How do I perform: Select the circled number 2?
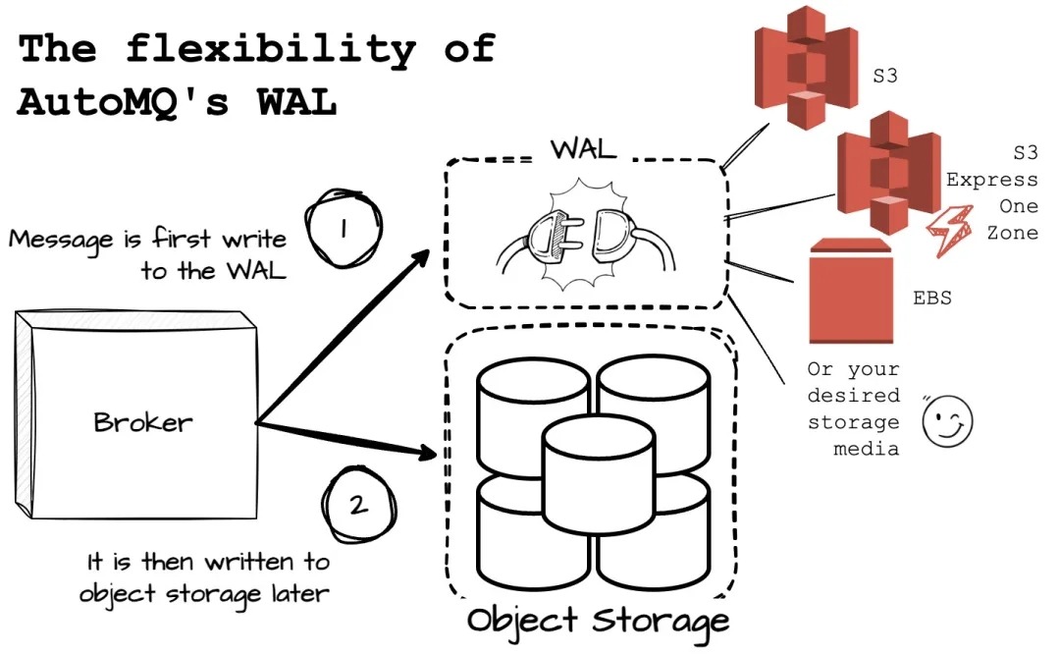[x=357, y=505]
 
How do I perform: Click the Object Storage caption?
[x=598, y=621]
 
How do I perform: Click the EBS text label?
[x=932, y=298]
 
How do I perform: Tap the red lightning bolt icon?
[x=949, y=231]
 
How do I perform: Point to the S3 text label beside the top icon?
[x=885, y=75]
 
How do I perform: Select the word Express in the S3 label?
[x=991, y=180]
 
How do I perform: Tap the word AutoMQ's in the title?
[x=129, y=102]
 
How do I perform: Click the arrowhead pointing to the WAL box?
[x=420, y=256]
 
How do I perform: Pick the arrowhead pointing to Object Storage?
[x=426, y=454]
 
